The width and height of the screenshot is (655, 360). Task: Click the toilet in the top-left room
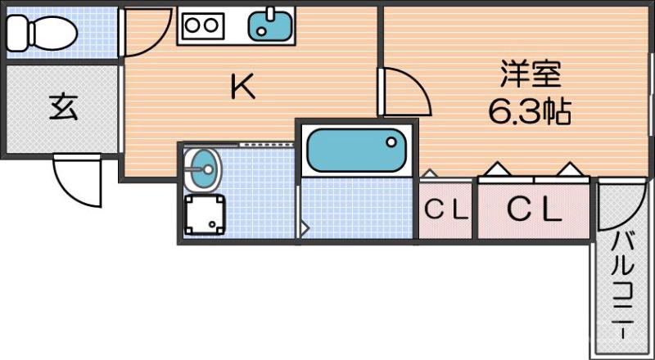(42, 33)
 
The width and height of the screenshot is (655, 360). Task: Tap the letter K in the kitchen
(243, 88)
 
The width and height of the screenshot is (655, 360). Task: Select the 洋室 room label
(531, 74)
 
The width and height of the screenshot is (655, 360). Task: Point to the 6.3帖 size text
(530, 112)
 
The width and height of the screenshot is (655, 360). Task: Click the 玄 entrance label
(63, 108)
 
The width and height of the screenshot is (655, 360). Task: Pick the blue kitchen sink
(270, 26)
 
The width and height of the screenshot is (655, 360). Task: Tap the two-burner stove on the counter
(201, 26)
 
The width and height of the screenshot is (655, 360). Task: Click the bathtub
(356, 151)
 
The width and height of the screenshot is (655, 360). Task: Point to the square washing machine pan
(205, 214)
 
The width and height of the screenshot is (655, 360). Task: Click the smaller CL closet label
(446, 211)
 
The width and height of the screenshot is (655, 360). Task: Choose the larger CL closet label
(534, 210)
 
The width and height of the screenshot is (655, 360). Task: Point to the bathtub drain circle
(391, 142)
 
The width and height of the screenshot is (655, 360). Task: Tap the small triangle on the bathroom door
(305, 228)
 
